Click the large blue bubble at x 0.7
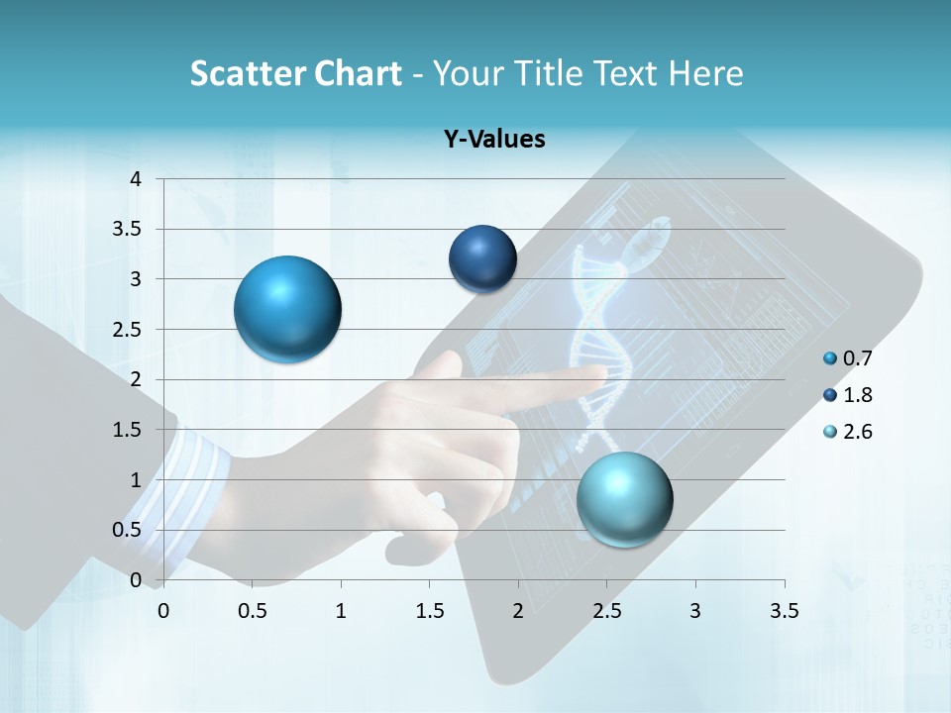tap(288, 309)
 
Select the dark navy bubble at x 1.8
tap(482, 259)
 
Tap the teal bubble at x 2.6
tap(624, 499)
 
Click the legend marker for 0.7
tap(830, 358)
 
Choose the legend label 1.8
tap(857, 395)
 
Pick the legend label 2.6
tap(857, 432)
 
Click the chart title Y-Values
tap(494, 140)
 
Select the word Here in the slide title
tap(704, 73)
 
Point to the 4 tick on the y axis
tap(137, 179)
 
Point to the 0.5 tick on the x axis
tap(252, 611)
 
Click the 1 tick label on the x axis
tap(341, 611)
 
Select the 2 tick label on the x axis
tap(518, 611)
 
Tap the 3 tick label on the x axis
tap(695, 611)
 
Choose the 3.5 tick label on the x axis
tap(784, 611)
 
